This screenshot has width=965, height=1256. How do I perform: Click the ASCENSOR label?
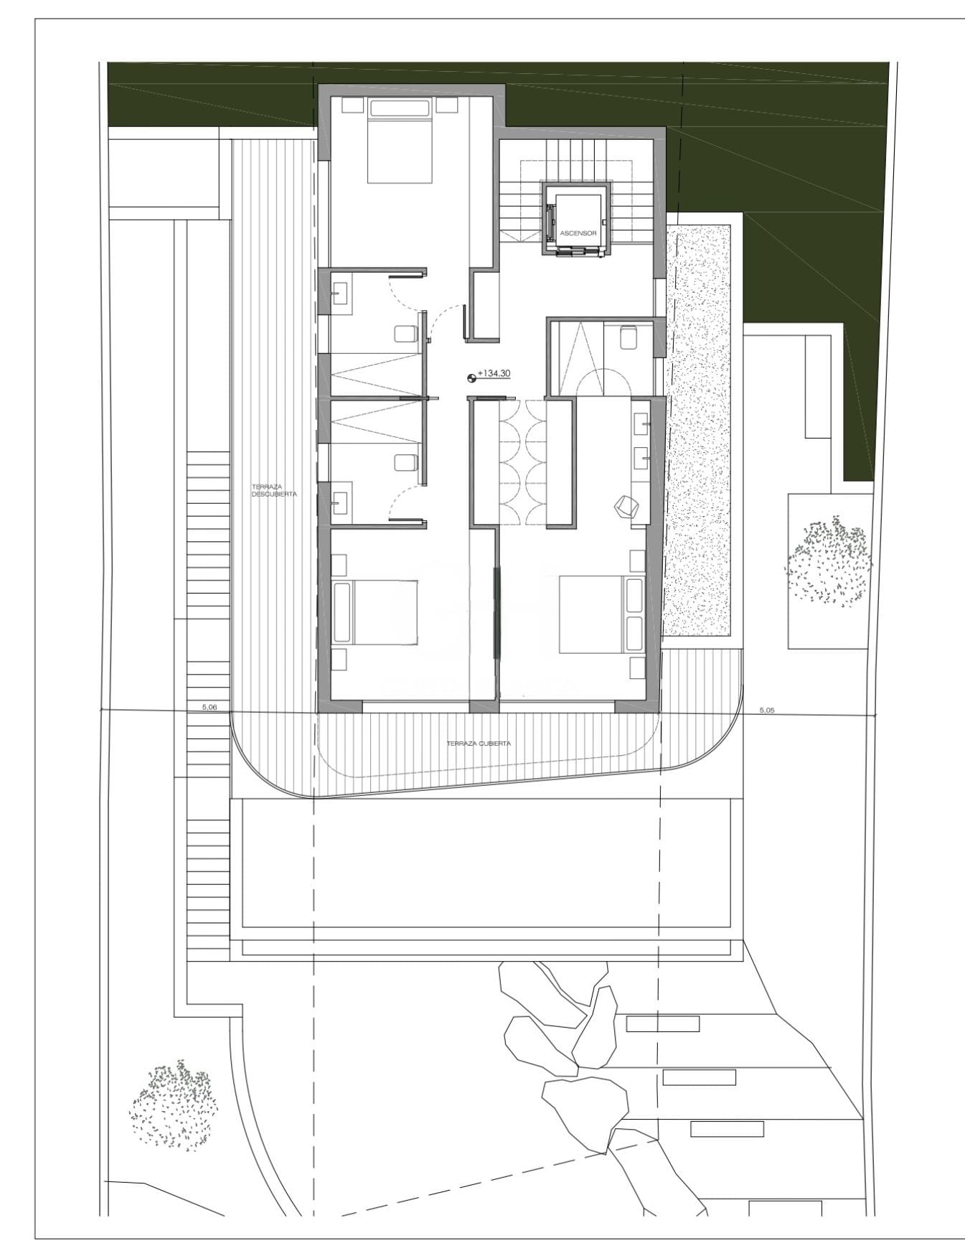578,233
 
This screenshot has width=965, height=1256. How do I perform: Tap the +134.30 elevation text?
494,374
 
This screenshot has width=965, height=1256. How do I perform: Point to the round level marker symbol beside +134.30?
471,375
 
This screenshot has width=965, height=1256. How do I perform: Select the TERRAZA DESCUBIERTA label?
273,490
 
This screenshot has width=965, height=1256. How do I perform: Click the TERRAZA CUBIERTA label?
479,744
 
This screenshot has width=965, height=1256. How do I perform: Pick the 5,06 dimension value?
210,707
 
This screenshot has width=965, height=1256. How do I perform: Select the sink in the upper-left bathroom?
341,293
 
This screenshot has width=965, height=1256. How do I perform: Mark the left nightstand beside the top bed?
352,105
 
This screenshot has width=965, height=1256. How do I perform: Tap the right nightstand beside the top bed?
447,105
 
